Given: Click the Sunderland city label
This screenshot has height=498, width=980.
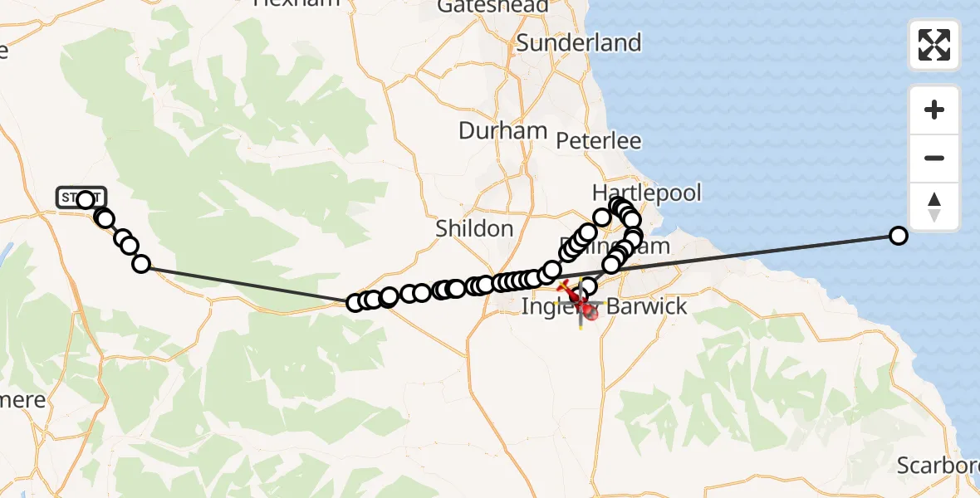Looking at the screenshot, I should [x=579, y=42].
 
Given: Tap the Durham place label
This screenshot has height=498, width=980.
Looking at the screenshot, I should [x=502, y=130].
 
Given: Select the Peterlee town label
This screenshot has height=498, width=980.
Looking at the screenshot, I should [x=598, y=141].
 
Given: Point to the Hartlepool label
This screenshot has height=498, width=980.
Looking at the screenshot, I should [x=646, y=193].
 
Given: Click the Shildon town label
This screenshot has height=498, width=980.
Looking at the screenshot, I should [x=473, y=228].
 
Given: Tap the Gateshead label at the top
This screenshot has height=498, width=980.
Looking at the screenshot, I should [x=492, y=7].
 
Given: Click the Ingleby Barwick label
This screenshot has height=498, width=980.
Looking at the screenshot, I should [x=604, y=306].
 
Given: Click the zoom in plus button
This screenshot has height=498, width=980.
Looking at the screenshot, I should [x=934, y=110].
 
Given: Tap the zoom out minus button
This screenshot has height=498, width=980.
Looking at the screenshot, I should [x=934, y=158].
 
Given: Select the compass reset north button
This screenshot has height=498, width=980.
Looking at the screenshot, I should [x=934, y=207].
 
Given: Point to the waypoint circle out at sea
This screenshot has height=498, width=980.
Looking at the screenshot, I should [x=898, y=236].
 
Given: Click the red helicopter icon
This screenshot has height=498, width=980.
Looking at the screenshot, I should [x=589, y=311].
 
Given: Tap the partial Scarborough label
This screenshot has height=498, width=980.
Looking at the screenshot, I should [x=938, y=466].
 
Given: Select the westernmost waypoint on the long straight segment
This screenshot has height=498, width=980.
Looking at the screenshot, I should [x=355, y=302].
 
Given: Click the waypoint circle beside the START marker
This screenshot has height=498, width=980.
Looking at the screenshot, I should [x=86, y=199].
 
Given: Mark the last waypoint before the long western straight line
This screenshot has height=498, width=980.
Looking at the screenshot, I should [x=141, y=264].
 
